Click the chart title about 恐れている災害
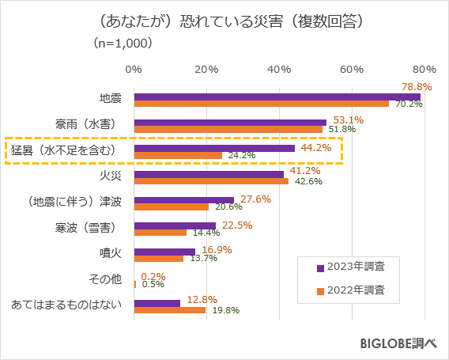click(224, 17)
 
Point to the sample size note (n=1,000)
click(123, 43)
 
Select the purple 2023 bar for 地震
click(277, 97)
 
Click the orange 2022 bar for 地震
click(261, 104)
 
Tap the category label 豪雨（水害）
click(86, 125)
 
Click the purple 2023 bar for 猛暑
click(214, 148)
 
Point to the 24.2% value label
click(240, 156)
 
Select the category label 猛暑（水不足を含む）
click(64, 150)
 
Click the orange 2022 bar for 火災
click(211, 181)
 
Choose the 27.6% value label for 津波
click(255, 199)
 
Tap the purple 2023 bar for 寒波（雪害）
click(175, 225)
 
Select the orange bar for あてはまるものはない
click(170, 310)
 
